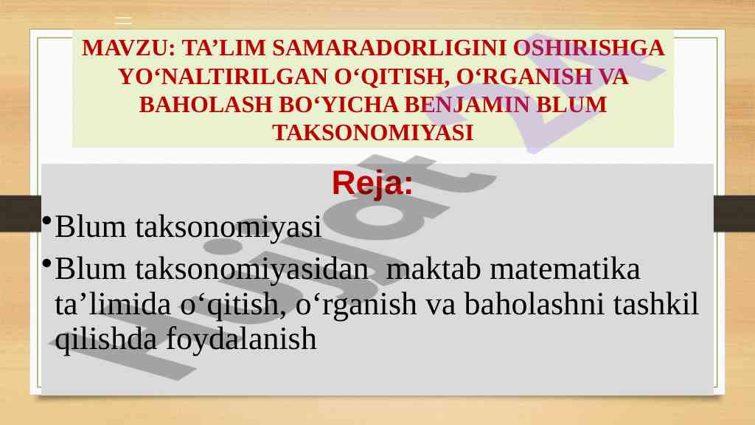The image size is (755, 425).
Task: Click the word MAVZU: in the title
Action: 128,48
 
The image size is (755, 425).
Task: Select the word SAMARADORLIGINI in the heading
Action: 389,48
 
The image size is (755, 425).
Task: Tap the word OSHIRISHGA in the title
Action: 589,48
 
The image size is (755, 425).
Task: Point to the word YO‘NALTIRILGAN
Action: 223,77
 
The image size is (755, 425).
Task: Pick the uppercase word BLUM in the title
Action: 571,105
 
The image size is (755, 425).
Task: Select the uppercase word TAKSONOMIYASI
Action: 373,133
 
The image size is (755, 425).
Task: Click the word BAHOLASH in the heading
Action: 206,105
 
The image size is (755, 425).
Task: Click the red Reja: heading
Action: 372,183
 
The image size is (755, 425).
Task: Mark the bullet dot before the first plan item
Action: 46,221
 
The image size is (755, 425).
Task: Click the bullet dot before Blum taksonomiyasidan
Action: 46,263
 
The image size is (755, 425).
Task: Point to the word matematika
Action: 565,269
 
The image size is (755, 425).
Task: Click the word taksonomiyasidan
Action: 252,269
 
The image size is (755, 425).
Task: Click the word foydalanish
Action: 241,339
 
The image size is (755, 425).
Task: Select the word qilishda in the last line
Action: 106,339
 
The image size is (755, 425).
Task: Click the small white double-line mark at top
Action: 123,20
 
